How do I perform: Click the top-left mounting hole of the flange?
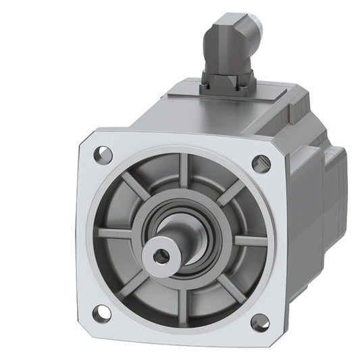(x=104, y=153)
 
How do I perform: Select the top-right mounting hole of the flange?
(x=260, y=163)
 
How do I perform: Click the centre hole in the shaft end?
(x=161, y=255)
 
